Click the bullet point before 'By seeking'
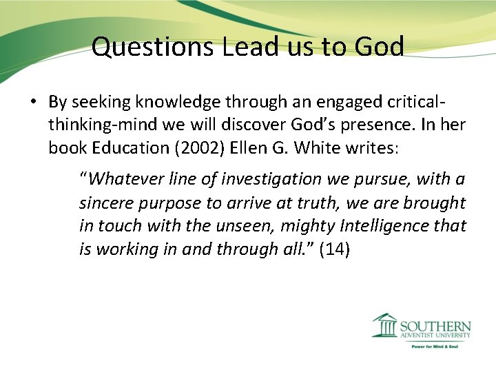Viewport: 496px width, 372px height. click(32, 103)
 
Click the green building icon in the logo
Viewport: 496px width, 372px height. click(384, 325)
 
